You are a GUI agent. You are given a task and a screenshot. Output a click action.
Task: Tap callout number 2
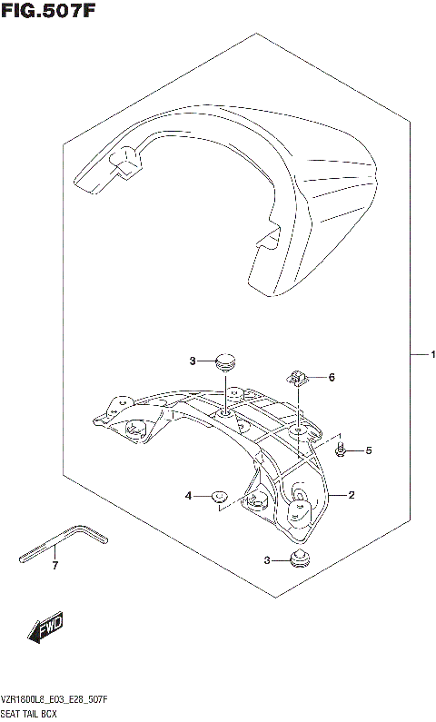[x=351, y=495]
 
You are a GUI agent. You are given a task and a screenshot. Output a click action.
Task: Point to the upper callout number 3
[x=193, y=361]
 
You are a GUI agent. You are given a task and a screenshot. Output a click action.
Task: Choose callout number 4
[x=189, y=495]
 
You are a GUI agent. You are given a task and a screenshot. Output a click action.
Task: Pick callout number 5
[x=369, y=450]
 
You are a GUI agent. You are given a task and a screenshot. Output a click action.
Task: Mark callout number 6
[x=332, y=377]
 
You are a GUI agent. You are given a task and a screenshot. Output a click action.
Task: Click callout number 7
[x=54, y=567]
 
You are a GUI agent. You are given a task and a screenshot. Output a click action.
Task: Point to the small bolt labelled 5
[x=340, y=449]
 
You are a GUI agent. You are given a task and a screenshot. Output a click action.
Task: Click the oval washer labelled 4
[x=219, y=496]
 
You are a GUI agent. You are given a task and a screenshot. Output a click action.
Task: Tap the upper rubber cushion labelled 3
[x=224, y=362]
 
